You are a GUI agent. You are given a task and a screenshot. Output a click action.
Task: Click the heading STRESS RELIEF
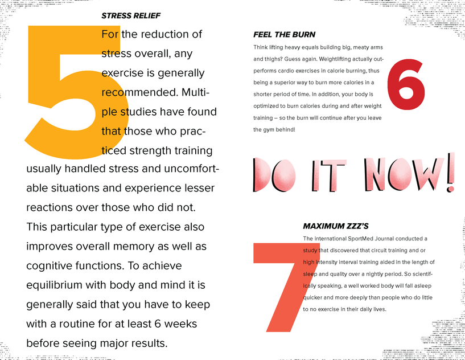click(x=131, y=16)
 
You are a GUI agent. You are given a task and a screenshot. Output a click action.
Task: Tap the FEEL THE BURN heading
click(x=284, y=35)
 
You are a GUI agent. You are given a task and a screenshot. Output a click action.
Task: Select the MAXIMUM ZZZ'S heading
click(x=336, y=226)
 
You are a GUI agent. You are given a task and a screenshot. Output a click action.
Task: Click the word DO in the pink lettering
click(x=274, y=175)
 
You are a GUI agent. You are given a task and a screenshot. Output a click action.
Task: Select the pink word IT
click(x=329, y=175)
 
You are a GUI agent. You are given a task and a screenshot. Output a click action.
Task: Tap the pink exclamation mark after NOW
click(x=451, y=172)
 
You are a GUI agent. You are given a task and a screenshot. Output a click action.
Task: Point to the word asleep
click(x=423, y=286)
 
